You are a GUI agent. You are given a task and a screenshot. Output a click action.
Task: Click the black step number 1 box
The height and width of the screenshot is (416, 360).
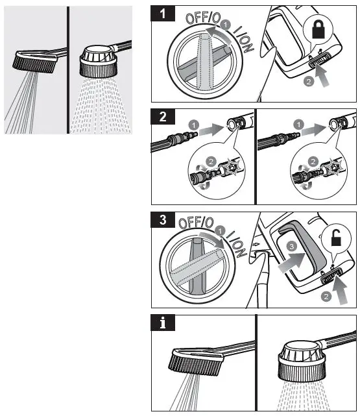[163, 13]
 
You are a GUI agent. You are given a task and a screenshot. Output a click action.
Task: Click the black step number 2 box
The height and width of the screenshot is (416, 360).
[163, 116]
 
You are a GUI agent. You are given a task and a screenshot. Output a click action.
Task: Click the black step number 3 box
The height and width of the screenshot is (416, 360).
[163, 219]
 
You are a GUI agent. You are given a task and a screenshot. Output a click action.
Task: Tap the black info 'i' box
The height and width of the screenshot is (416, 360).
[163, 323]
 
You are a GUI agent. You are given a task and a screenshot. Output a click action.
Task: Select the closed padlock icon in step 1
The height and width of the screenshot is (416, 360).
[318, 29]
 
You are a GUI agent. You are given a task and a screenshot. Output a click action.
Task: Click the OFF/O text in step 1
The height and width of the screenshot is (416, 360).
[203, 18]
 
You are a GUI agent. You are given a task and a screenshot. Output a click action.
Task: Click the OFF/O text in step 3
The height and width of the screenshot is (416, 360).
[196, 223]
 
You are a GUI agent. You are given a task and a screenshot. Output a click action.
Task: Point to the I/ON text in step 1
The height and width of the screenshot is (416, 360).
[244, 39]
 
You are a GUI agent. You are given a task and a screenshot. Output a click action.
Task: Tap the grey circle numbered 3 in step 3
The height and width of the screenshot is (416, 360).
[292, 247]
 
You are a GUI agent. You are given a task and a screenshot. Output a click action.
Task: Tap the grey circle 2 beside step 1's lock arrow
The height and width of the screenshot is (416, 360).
[309, 82]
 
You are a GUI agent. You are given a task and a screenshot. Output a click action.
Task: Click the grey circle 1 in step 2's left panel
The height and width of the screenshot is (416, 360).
[194, 125]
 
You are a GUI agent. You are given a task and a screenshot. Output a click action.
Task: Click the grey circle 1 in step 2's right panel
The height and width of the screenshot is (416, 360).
[299, 125]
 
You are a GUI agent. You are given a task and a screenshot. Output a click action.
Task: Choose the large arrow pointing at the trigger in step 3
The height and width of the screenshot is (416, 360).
[291, 263]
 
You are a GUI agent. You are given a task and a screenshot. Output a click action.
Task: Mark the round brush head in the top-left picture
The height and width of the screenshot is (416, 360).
[99, 62]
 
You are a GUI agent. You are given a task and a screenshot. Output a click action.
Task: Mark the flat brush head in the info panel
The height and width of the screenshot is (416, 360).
[196, 361]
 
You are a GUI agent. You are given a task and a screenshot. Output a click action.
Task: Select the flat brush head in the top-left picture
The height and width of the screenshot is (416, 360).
[35, 61]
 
